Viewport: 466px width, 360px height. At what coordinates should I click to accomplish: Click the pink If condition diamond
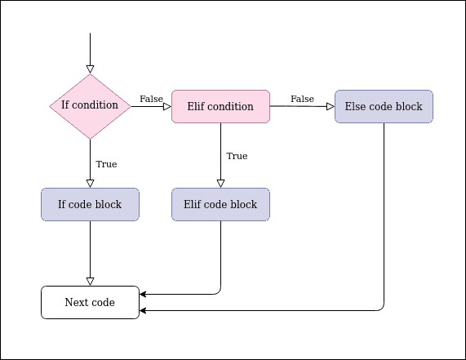pos(90,106)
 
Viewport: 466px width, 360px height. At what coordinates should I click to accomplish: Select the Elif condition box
pos(220,106)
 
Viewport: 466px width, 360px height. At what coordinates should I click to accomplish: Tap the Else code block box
pos(384,106)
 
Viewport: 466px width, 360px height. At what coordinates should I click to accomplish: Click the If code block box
pos(90,204)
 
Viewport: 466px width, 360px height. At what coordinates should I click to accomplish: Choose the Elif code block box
pos(220,204)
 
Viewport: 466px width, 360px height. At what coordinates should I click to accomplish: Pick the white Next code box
pos(90,303)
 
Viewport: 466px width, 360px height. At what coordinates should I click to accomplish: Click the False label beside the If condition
pos(151,99)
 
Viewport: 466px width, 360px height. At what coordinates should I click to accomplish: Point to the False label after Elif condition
pos(302,99)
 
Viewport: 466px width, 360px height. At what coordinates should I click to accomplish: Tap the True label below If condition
pos(106,164)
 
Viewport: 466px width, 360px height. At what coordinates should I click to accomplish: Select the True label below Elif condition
pos(237,156)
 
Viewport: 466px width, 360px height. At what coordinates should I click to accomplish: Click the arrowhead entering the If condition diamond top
pos(90,69)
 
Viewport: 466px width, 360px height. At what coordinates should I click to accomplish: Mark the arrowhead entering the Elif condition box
pos(166,106)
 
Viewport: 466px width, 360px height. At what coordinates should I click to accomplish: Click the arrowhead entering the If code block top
pos(90,183)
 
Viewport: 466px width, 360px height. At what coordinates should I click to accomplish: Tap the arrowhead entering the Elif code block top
pos(220,183)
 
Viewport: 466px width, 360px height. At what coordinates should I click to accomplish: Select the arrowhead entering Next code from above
pos(90,281)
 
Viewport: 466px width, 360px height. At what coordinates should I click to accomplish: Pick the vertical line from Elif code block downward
pos(220,253)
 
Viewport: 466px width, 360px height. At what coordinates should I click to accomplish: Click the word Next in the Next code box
pos(76,303)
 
